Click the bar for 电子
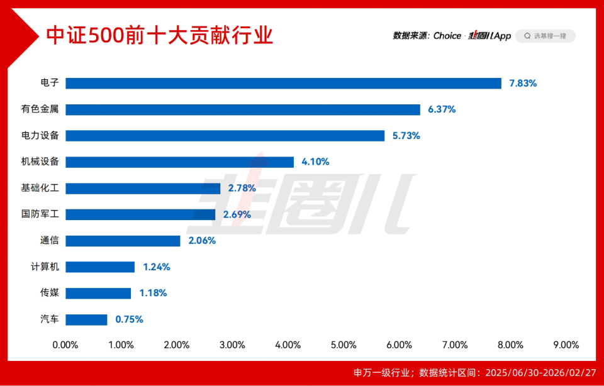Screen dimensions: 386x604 [x=283, y=83]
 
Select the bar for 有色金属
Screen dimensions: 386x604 [x=243, y=109]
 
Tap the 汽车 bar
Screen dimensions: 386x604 [x=86, y=319]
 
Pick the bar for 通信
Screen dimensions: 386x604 [x=123, y=241]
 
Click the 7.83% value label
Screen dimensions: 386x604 [x=523, y=83]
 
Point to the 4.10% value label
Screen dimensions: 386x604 [x=315, y=162]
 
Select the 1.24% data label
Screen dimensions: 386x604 [x=157, y=267]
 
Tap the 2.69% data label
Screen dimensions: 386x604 [x=237, y=214]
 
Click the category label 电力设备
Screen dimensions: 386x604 [x=40, y=136]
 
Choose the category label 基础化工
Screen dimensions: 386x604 [x=40, y=188]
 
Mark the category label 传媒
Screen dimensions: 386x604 [x=49, y=293]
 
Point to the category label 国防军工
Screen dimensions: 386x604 [x=40, y=214]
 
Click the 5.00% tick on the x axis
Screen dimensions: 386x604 [x=344, y=345]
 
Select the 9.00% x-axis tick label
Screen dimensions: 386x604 [x=566, y=345]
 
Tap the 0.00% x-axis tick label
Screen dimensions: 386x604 [x=65, y=345]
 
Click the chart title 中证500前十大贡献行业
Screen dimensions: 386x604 [x=160, y=35]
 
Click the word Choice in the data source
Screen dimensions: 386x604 [x=447, y=36]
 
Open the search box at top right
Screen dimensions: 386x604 [x=545, y=36]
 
